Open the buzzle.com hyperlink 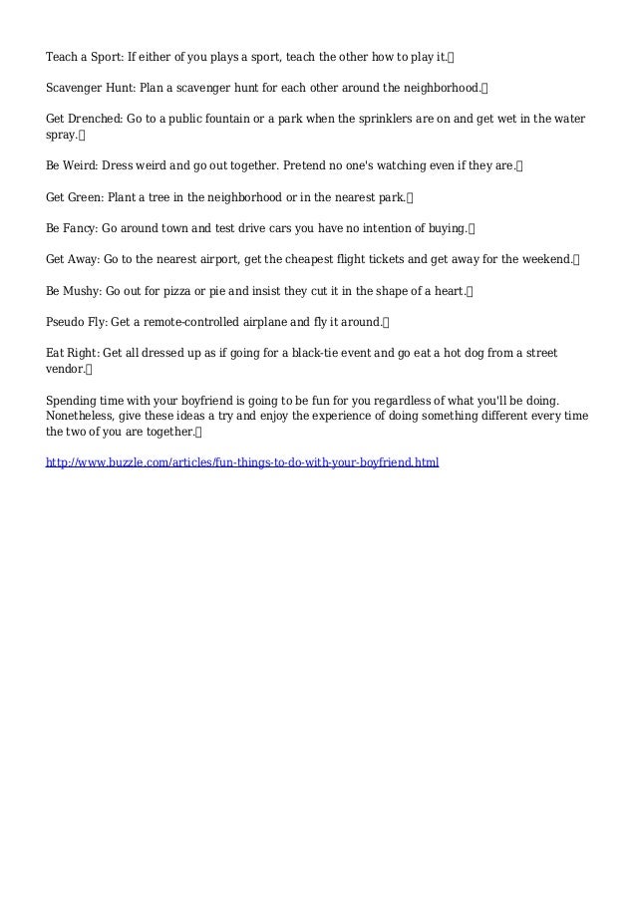pos(242,463)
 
